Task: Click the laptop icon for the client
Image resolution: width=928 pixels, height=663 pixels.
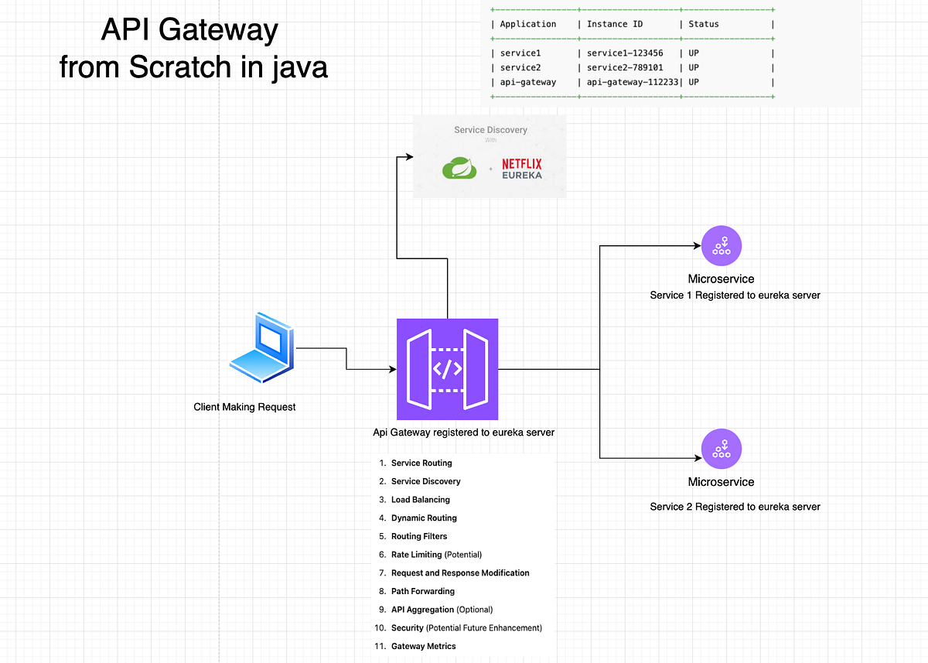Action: [262, 347]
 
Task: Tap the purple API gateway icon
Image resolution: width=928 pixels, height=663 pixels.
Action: [448, 369]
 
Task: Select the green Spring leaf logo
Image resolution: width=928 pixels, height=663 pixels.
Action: [459, 168]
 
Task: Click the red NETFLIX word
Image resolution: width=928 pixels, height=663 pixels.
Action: [522, 164]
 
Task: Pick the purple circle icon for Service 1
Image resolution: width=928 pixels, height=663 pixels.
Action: [722, 246]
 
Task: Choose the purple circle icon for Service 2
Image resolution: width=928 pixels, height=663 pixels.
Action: [722, 449]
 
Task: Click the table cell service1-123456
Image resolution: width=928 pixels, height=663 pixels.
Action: [625, 53]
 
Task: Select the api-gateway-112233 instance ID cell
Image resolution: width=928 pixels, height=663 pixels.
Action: [633, 82]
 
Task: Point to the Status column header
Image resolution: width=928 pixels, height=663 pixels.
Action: [704, 24]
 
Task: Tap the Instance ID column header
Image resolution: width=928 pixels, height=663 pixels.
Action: [615, 24]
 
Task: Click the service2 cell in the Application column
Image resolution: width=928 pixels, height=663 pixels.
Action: [520, 67]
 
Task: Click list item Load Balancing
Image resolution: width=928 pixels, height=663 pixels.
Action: [421, 500]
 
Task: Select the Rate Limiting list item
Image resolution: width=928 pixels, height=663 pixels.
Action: [436, 555]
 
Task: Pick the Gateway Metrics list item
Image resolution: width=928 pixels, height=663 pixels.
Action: [424, 646]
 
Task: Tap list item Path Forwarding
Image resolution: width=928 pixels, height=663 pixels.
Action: [423, 591]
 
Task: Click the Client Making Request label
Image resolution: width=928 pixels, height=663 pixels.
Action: [244, 407]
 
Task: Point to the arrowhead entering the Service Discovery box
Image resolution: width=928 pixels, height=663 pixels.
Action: [410, 156]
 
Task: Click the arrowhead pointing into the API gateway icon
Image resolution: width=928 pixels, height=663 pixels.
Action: [393, 369]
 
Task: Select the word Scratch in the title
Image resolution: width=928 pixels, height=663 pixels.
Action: [180, 67]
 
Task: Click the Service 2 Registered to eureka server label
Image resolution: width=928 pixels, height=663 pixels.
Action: [735, 507]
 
